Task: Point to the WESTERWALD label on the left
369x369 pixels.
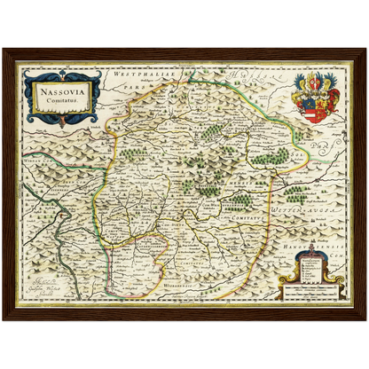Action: [40, 164]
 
